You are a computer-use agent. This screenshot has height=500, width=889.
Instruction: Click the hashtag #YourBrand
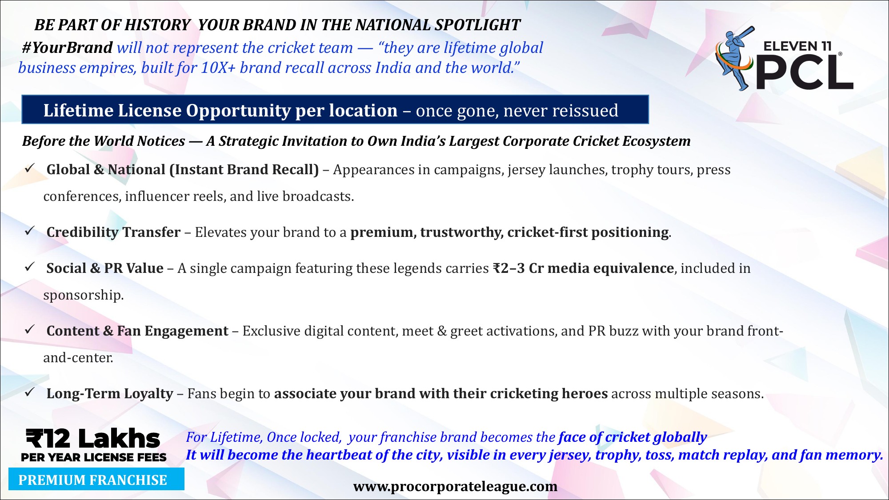click(67, 48)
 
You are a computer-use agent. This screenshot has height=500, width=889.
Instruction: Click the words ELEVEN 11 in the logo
click(797, 46)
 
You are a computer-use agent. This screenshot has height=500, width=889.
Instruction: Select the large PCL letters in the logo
click(805, 73)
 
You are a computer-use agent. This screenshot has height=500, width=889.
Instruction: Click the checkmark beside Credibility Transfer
click(30, 231)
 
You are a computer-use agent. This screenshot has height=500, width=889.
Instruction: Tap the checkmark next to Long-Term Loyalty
click(30, 392)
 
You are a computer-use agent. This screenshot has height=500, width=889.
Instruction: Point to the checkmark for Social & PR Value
click(30, 267)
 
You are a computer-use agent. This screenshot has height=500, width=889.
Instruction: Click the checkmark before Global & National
click(30, 168)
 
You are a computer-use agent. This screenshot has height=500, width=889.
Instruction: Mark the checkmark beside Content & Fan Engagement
click(30, 329)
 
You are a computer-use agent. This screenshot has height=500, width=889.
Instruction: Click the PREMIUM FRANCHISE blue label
click(96, 479)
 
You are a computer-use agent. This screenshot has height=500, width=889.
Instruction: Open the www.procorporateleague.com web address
click(455, 487)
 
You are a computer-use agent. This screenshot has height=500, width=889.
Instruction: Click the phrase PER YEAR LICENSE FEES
click(94, 457)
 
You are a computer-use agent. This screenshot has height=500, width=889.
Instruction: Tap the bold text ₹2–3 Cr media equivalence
click(583, 268)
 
